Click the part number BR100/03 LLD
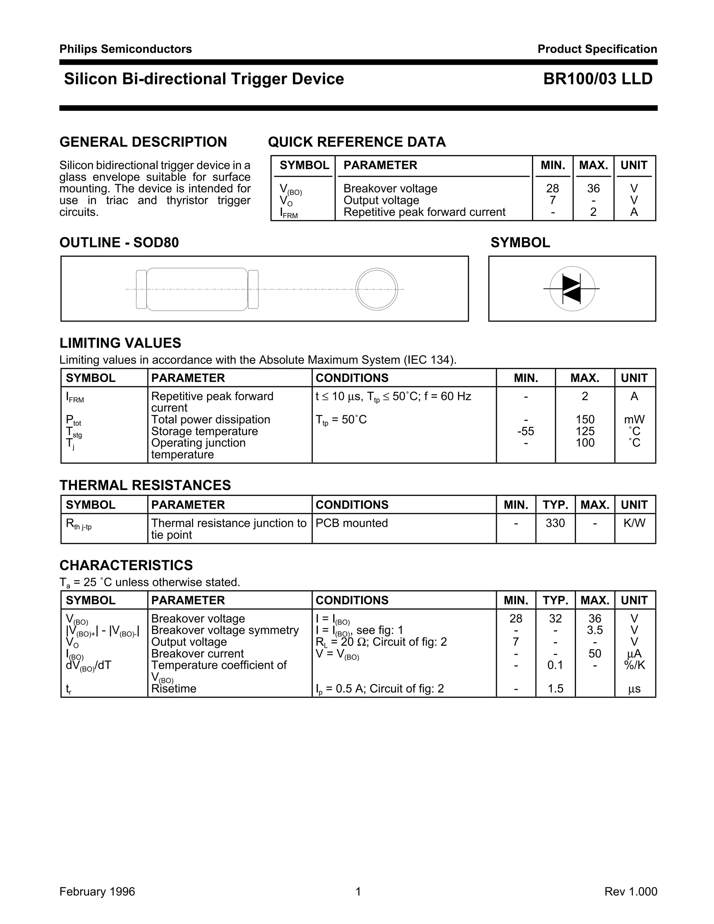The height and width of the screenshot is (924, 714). tap(598, 79)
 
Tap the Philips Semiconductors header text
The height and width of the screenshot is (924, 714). tap(126, 49)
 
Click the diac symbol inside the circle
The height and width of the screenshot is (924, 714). tap(572, 289)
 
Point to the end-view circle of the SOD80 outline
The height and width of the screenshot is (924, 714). tap(377, 289)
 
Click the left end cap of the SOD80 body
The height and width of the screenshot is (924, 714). tap(141, 289)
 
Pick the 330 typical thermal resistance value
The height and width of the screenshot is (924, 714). tap(555, 523)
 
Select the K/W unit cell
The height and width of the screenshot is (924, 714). tap(634, 523)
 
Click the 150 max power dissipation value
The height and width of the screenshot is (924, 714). tap(585, 420)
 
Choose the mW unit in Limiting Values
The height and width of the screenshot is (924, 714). tap(634, 420)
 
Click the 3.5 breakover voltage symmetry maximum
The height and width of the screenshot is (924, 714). tap(594, 630)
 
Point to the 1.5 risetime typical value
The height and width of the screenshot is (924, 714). tap(555, 689)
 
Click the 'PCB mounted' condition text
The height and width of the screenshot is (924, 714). tap(351, 523)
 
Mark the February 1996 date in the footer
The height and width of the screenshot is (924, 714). tap(97, 892)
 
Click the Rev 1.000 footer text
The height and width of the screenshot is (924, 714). tap(631, 892)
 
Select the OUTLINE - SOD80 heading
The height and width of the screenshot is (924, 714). tap(119, 242)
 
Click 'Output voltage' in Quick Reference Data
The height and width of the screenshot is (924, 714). tap(381, 200)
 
